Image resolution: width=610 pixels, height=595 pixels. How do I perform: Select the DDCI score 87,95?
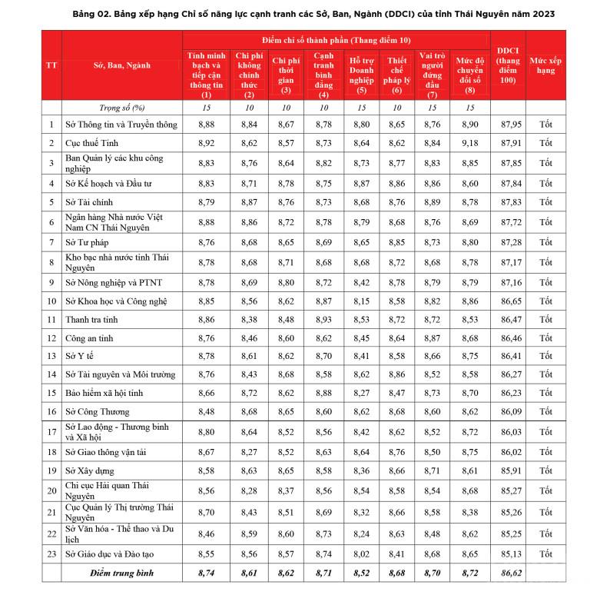pyautogui.click(x=511, y=125)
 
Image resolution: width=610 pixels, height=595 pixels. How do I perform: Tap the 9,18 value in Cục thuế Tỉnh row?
pyautogui.click(x=471, y=143)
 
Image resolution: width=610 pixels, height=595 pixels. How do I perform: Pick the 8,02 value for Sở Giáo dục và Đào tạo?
pyautogui.click(x=360, y=553)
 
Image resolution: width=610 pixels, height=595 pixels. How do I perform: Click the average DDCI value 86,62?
pyautogui.click(x=511, y=573)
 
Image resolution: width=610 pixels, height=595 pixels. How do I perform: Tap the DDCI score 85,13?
pyautogui.click(x=511, y=553)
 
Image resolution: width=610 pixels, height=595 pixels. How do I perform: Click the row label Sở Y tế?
pyautogui.click(x=82, y=356)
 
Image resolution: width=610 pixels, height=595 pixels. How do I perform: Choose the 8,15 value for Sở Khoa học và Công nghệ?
pyautogui.click(x=360, y=301)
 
